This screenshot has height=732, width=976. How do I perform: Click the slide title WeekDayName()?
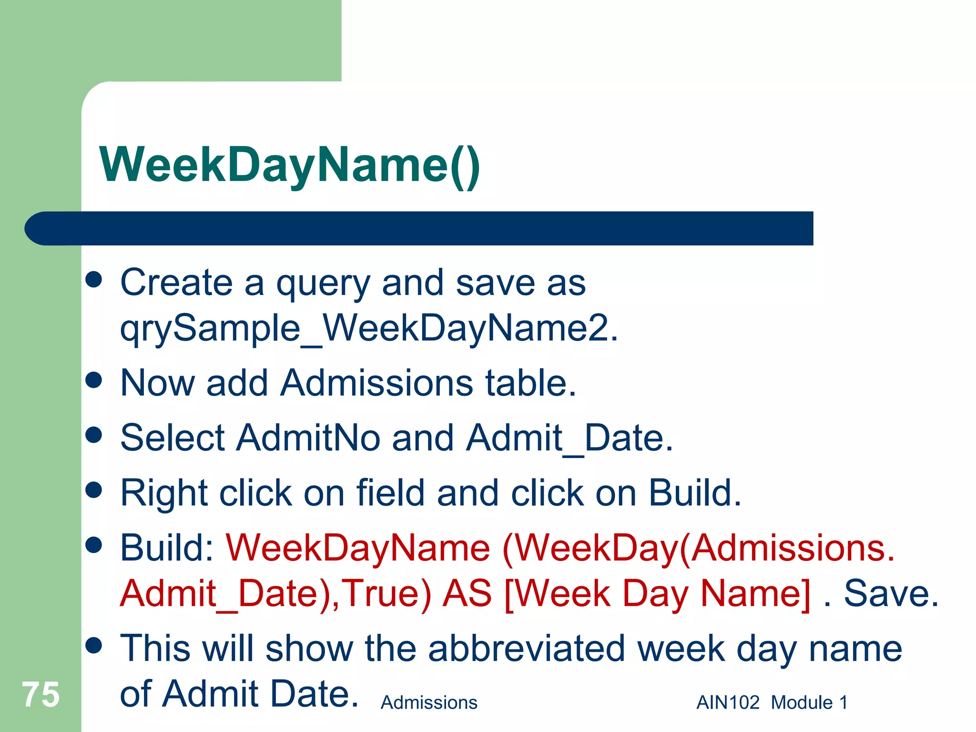(289, 165)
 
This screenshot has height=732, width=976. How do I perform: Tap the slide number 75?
(41, 694)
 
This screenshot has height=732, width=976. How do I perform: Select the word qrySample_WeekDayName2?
(369, 328)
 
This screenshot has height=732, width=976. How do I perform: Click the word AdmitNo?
(308, 437)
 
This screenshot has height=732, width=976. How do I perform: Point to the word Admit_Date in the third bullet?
(569, 437)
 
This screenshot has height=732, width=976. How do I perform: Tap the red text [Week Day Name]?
(657, 593)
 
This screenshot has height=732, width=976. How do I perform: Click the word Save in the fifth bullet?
(891, 593)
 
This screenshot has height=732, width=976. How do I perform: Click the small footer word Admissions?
(429, 702)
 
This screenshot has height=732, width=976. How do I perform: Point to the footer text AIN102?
(728, 702)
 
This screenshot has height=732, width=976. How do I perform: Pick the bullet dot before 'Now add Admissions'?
(94, 380)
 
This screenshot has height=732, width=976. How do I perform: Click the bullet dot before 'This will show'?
(94, 646)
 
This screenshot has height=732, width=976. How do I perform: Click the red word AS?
(467, 593)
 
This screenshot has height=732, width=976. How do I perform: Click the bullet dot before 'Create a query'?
(94, 280)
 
